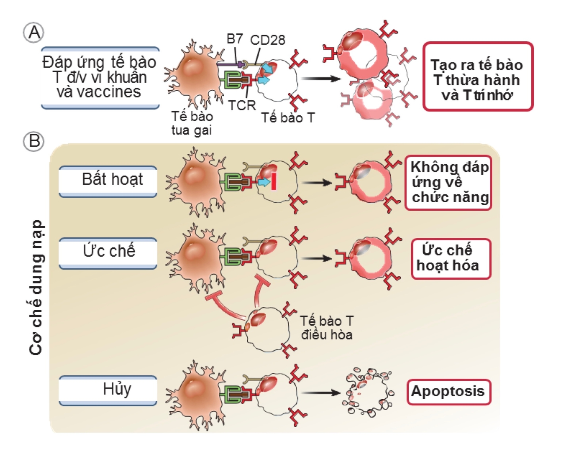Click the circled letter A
coord(34,33)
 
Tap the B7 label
coord(234,39)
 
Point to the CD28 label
coord(267,40)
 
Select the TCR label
coord(242,106)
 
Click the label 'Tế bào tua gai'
coord(192,123)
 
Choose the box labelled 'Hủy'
coord(108,390)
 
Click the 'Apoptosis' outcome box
coord(449,391)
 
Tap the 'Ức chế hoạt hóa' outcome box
coord(450,258)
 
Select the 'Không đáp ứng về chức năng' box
coord(449,182)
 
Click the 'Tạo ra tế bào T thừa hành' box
coord(478,76)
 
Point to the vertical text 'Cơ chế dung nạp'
coord(36,287)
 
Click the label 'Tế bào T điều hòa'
coord(327,328)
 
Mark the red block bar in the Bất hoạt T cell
coord(274,181)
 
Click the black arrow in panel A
coord(321,79)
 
